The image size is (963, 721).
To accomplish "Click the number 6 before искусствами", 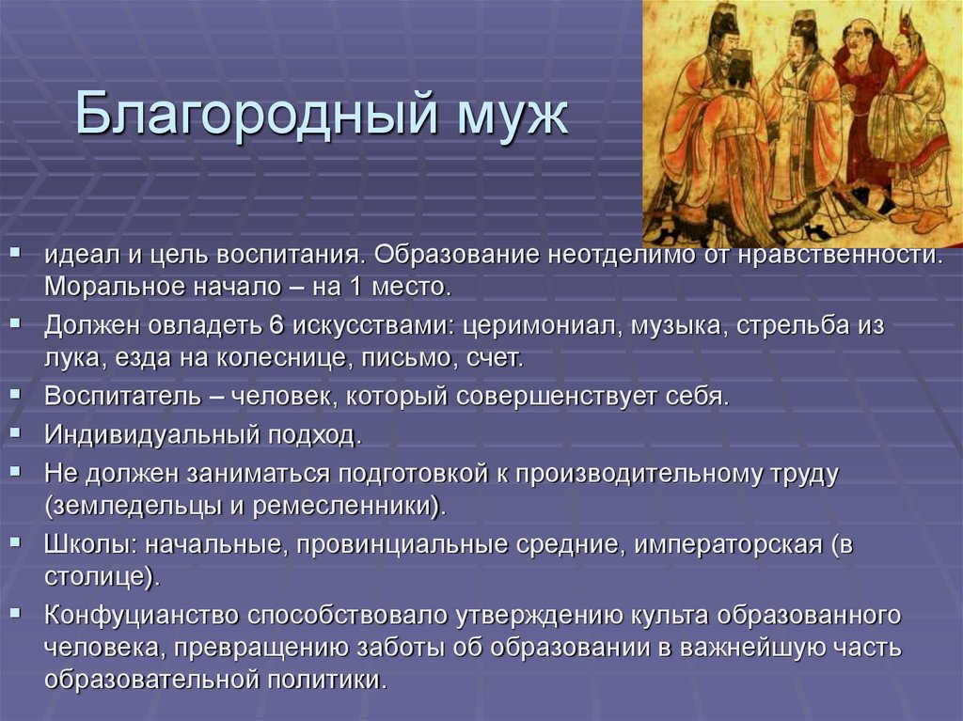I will click(x=276, y=327).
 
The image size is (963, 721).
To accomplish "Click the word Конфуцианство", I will click(x=141, y=616).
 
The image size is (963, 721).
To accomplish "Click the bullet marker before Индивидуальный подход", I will click(x=18, y=433).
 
